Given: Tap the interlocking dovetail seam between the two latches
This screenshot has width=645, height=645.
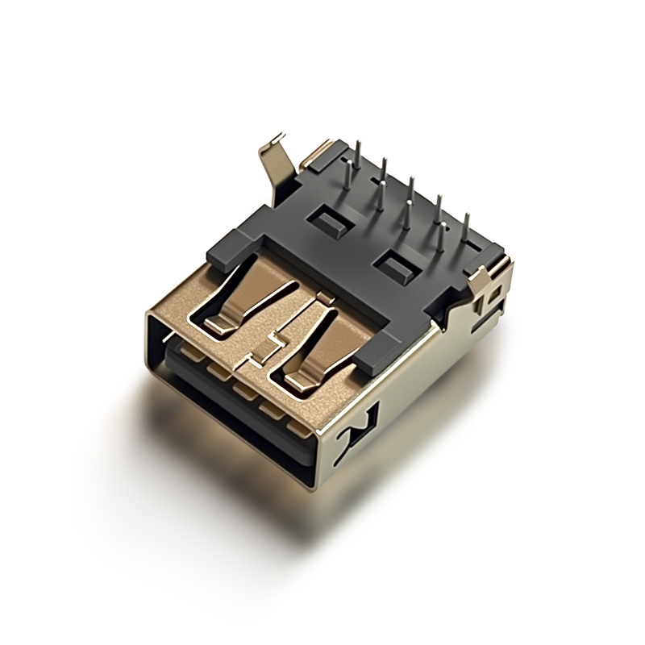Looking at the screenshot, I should [x=270, y=339].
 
